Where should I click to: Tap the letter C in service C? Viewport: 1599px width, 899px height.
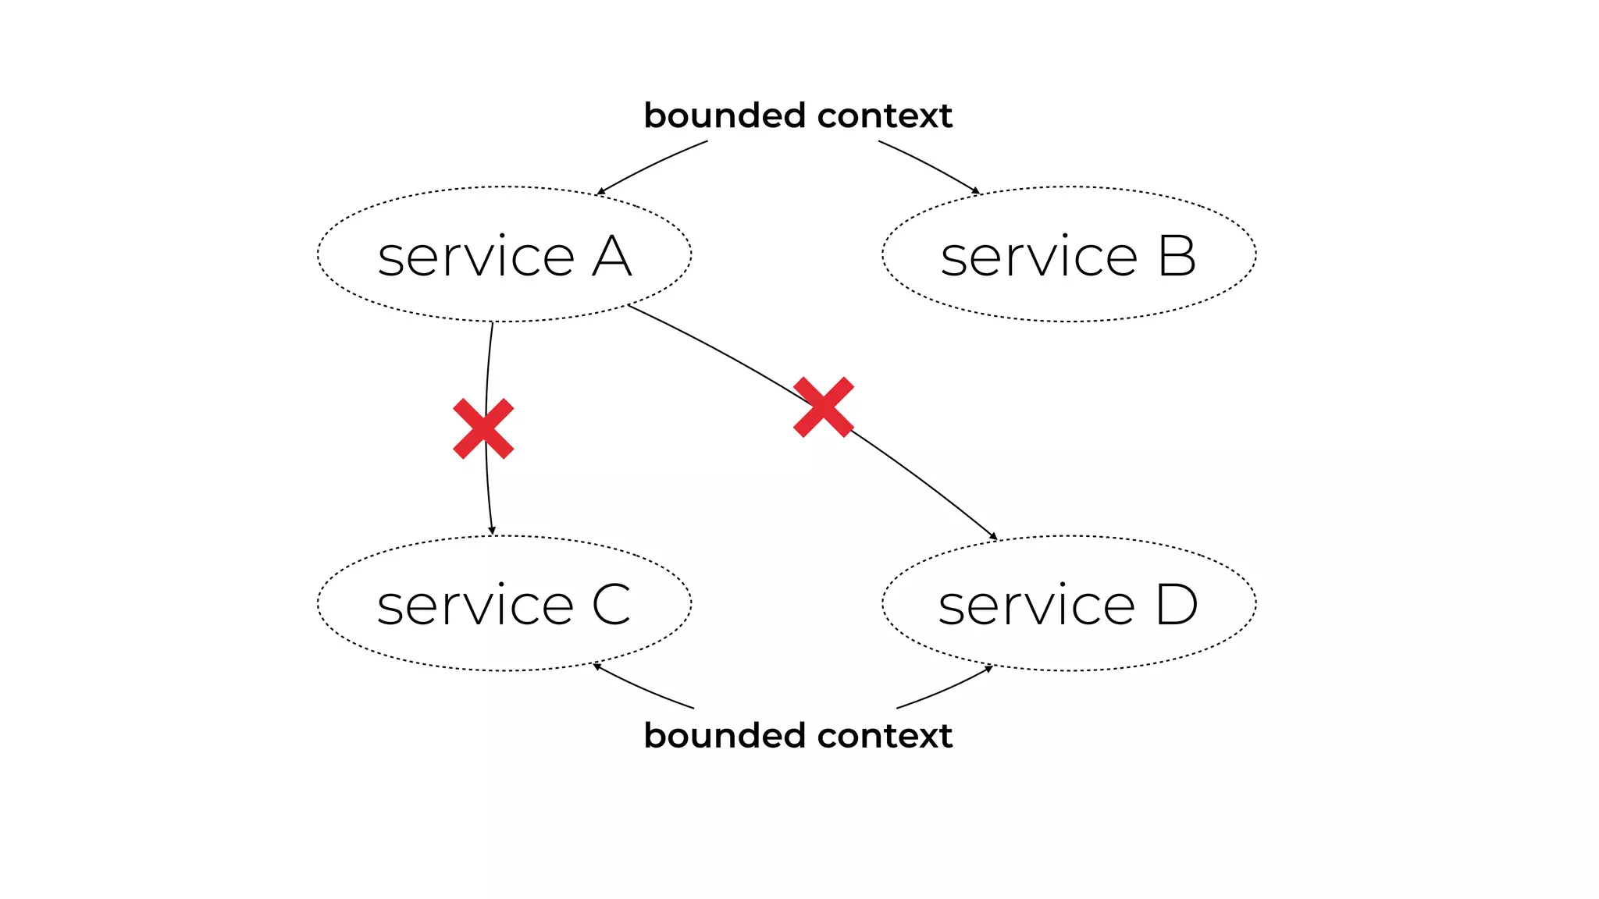click(x=611, y=605)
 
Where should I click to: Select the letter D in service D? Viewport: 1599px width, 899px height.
click(x=1177, y=605)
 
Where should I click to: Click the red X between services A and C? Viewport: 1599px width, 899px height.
click(x=483, y=428)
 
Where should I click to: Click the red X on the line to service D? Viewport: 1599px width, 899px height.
click(x=823, y=407)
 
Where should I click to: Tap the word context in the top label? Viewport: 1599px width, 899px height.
click(x=885, y=115)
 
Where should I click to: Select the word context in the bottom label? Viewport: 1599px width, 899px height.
click(x=885, y=735)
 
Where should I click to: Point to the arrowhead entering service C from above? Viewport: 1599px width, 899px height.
click(x=492, y=531)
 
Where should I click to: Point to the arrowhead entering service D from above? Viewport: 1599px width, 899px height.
click(x=994, y=536)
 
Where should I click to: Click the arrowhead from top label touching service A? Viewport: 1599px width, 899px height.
click(x=600, y=191)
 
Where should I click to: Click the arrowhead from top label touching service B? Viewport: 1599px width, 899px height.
click(x=975, y=190)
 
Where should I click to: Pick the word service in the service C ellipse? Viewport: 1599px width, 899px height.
click(x=475, y=605)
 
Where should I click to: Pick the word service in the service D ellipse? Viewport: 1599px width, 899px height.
click(x=1036, y=605)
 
